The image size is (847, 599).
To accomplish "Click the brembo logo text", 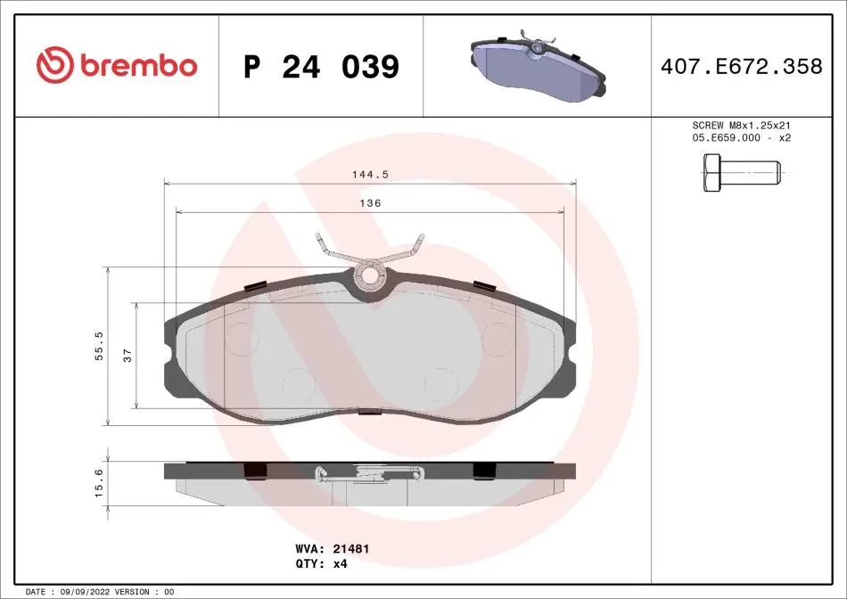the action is tap(139, 65).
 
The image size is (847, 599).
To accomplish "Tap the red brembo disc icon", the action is tap(54, 65).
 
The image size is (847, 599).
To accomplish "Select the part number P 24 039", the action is tap(321, 67).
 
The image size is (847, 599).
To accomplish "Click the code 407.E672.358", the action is tap(742, 67).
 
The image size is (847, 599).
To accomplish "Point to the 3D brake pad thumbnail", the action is tap(538, 66).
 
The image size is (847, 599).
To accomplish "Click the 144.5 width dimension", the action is tap(371, 175).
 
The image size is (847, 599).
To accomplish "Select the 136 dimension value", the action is tap(371, 203).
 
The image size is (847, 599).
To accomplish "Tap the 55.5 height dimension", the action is tap(99, 346).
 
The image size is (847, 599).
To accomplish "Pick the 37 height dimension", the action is tap(127, 356).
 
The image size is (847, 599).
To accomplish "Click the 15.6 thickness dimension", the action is tap(99, 483).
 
